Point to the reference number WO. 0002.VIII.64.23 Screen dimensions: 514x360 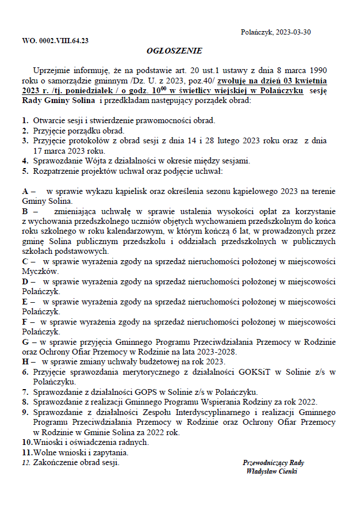[55, 41]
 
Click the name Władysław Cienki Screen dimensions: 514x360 [271, 471]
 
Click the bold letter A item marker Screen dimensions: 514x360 [25, 191]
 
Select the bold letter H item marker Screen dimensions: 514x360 [25, 361]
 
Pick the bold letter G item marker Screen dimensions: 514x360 [25, 342]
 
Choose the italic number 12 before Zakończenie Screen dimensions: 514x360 [25, 462]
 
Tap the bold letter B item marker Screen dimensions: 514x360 [25, 211]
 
